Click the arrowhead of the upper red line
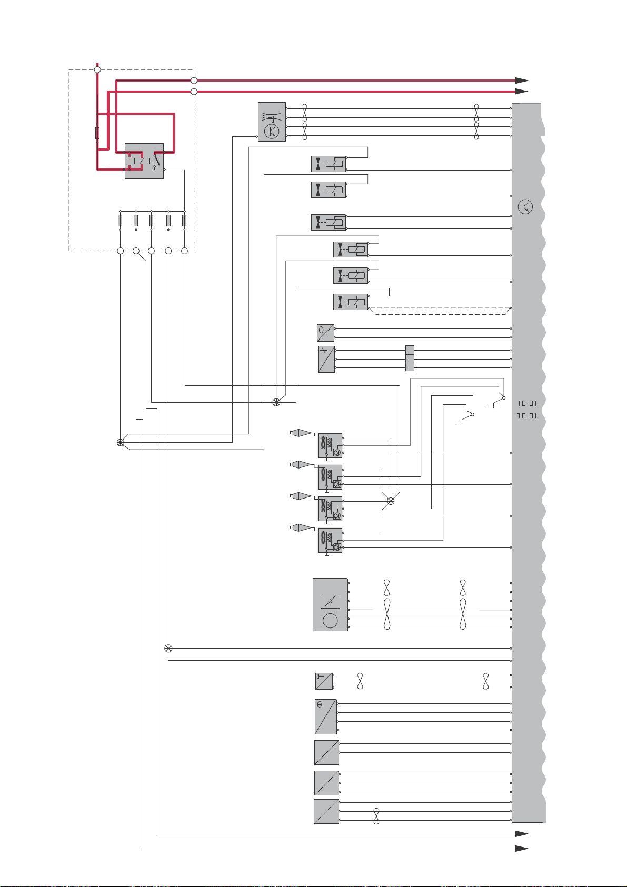(521, 81)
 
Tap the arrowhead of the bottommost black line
(521, 849)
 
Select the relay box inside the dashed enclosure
(144, 161)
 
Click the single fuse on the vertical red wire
(97, 133)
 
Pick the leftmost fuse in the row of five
(121, 220)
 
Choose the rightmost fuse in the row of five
(184, 220)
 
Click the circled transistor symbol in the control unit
(525, 207)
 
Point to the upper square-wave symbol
(527, 403)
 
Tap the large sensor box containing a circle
(330, 604)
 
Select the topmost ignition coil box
(330, 445)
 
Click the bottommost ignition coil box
(330, 540)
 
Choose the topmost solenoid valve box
(329, 164)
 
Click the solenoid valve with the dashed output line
(351, 302)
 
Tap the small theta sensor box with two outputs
(325, 333)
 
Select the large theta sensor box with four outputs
(325, 716)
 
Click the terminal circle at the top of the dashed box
(97, 69)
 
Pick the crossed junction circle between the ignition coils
(391, 501)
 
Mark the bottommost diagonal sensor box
(326, 811)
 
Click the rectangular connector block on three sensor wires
(410, 359)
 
